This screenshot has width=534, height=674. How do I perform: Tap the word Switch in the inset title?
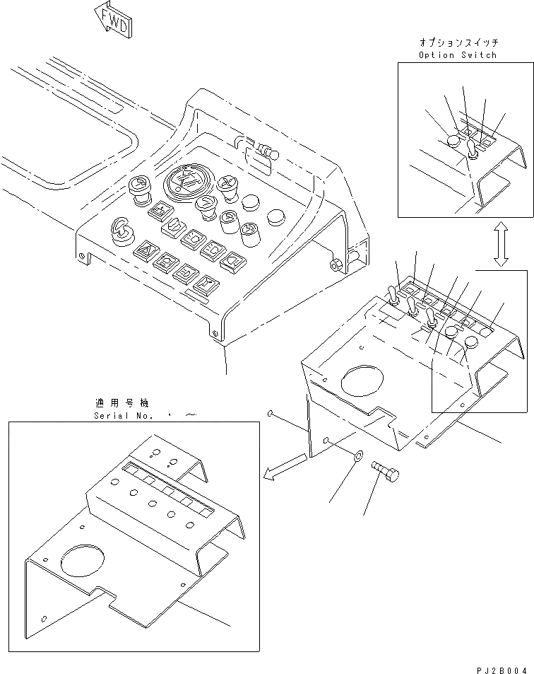480,54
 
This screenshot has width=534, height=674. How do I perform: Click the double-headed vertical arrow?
500,243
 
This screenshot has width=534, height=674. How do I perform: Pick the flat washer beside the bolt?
357,457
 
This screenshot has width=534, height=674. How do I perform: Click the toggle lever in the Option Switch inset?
473,149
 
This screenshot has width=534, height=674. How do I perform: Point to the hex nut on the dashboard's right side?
336,264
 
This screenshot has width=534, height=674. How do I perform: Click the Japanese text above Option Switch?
457,43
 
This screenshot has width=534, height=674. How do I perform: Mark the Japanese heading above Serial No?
122,403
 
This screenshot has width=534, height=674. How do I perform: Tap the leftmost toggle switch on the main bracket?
391,294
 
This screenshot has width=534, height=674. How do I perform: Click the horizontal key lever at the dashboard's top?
264,151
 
